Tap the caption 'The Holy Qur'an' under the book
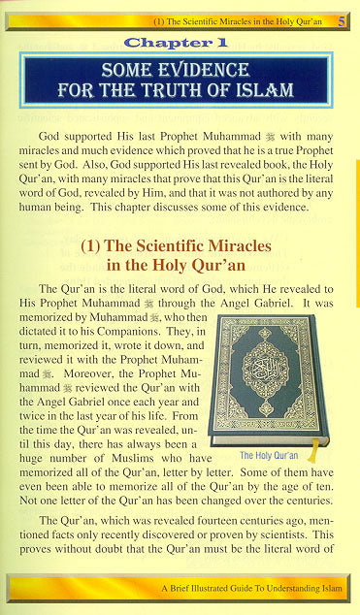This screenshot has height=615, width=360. coord(268,454)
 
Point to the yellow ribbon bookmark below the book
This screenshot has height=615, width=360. coord(314,450)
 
